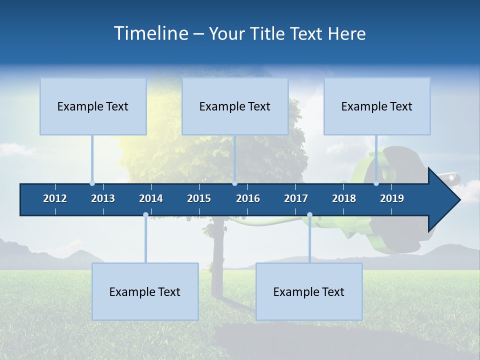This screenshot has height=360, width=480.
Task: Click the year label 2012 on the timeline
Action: pyautogui.click(x=55, y=198)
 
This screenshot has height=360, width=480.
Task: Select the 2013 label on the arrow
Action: pyautogui.click(x=103, y=198)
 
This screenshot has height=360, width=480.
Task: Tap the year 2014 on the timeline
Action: pyautogui.click(x=151, y=198)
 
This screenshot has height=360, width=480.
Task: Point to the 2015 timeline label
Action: pyautogui.click(x=199, y=198)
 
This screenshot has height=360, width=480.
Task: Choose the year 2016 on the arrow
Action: pyautogui.click(x=248, y=198)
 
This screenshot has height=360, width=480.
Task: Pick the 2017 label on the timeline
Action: pyautogui.click(x=296, y=198)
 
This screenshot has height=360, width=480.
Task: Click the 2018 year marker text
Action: pyautogui.click(x=344, y=198)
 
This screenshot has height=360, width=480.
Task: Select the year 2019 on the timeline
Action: pyautogui.click(x=392, y=198)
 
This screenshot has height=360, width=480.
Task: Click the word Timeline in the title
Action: pyautogui.click(x=151, y=33)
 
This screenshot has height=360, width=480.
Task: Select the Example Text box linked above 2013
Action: pyautogui.click(x=93, y=106)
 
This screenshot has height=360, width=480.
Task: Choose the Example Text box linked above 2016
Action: pyautogui.click(x=235, y=106)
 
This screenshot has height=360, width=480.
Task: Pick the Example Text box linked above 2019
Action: pyautogui.click(x=377, y=106)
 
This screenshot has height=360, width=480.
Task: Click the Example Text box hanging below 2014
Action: pyautogui.click(x=145, y=292)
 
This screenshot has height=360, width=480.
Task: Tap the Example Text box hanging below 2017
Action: pyautogui.click(x=309, y=292)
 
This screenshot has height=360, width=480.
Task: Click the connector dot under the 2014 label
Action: pyautogui.click(x=145, y=215)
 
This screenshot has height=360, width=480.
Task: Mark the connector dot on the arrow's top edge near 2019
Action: pyautogui.click(x=376, y=183)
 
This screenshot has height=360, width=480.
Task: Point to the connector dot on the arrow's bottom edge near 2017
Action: pyautogui.click(x=309, y=215)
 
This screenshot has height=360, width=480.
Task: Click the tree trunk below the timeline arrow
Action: pyautogui.click(x=218, y=250)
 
